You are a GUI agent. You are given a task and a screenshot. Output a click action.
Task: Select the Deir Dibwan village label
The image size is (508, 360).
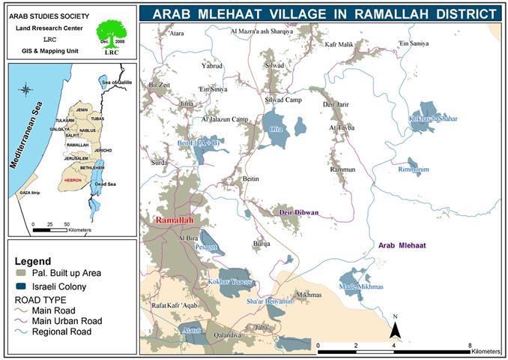pos(298,212)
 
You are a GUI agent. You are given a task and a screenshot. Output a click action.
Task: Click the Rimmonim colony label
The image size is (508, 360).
pos(414,169)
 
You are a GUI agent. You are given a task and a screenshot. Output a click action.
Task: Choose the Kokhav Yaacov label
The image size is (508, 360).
pos(236,280)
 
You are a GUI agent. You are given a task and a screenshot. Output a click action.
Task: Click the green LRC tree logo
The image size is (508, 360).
pos(111,34)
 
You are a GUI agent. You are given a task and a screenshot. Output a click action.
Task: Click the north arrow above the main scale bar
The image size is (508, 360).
pos(396,326)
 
